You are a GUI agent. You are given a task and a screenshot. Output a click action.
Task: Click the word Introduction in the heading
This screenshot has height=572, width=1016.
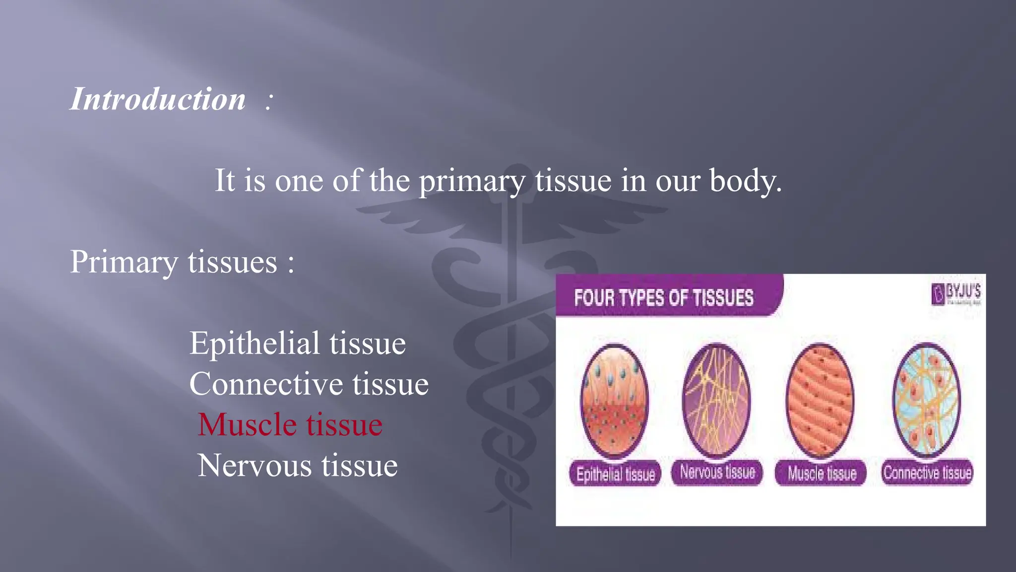158,99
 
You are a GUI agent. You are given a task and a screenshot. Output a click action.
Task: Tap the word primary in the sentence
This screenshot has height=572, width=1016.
472,181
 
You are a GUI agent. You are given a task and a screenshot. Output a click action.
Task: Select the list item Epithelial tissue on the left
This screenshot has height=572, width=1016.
298,343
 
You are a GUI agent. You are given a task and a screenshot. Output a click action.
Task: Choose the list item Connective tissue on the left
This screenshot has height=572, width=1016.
309,384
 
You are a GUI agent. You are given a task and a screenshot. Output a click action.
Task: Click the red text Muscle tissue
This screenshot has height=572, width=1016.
290,425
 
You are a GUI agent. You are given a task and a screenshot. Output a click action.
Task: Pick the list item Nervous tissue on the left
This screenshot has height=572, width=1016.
298,466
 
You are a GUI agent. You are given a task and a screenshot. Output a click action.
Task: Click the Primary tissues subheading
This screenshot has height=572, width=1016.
182,262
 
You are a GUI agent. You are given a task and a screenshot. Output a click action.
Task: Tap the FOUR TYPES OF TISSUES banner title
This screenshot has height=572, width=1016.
664,297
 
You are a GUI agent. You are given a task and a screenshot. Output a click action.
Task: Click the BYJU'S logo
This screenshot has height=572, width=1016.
956,293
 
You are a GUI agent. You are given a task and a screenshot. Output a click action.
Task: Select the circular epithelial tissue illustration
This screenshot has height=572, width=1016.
615,400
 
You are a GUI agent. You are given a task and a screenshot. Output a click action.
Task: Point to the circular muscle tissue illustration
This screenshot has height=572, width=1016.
820,400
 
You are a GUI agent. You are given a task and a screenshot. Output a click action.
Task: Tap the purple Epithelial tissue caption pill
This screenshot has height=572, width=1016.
615,474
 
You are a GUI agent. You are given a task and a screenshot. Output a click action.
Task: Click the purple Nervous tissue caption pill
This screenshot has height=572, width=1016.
717,472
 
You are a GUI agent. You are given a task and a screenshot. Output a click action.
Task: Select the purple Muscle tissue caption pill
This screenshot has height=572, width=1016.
821,473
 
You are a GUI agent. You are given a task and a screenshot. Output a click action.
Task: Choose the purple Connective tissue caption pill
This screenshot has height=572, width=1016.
927,472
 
